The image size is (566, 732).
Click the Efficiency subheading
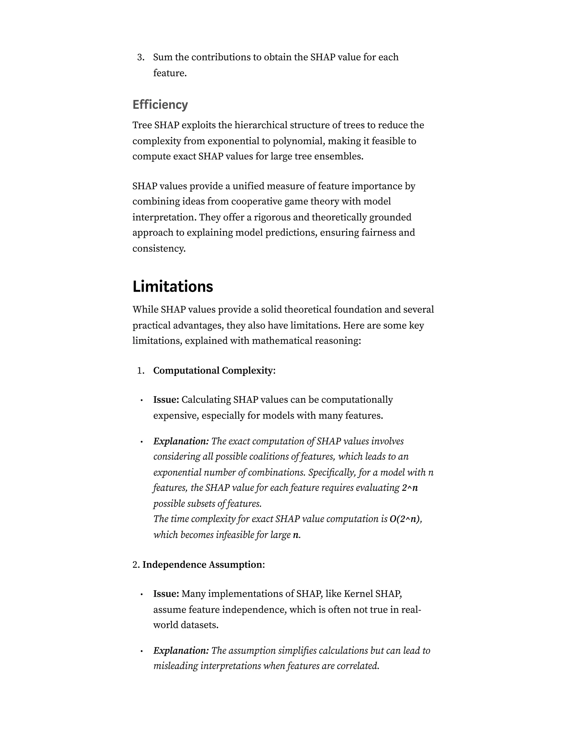160,105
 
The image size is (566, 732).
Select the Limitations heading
173,286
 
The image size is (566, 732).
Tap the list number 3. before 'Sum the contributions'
141,57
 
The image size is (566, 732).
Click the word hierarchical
260,125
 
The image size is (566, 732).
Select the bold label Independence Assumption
202,565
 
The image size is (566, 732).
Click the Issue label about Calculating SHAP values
166,400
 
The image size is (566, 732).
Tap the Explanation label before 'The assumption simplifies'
181,651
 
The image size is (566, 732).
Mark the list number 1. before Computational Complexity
141,371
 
